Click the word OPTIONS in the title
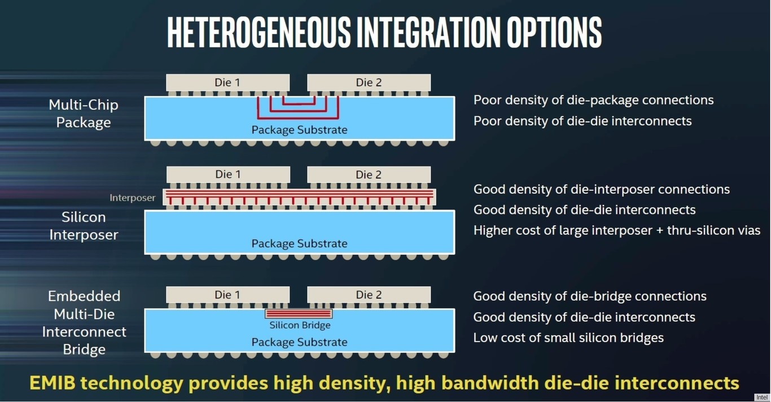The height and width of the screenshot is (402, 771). (554, 32)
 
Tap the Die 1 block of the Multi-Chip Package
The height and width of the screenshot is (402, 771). (228, 82)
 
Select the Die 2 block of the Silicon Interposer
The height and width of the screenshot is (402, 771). (369, 174)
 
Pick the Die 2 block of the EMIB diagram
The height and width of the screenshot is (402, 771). (369, 295)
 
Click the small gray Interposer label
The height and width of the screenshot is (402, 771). (133, 198)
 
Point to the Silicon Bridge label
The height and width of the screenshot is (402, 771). (300, 325)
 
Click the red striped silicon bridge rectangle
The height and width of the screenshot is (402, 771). (299, 313)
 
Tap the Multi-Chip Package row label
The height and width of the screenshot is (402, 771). (84, 113)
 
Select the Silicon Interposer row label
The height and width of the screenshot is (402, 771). (84, 226)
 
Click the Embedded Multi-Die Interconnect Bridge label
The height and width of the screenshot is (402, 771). (84, 323)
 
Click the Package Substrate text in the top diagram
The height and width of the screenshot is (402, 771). (300, 130)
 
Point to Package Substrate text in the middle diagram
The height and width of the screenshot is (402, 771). (300, 243)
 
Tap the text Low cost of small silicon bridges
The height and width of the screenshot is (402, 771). (568, 338)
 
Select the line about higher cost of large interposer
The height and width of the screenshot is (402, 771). (617, 230)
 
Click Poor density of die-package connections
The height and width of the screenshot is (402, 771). (593, 100)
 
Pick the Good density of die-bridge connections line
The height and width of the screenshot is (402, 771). (590, 296)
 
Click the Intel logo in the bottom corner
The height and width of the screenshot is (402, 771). (762, 397)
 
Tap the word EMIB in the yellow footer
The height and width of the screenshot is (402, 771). (52, 383)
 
